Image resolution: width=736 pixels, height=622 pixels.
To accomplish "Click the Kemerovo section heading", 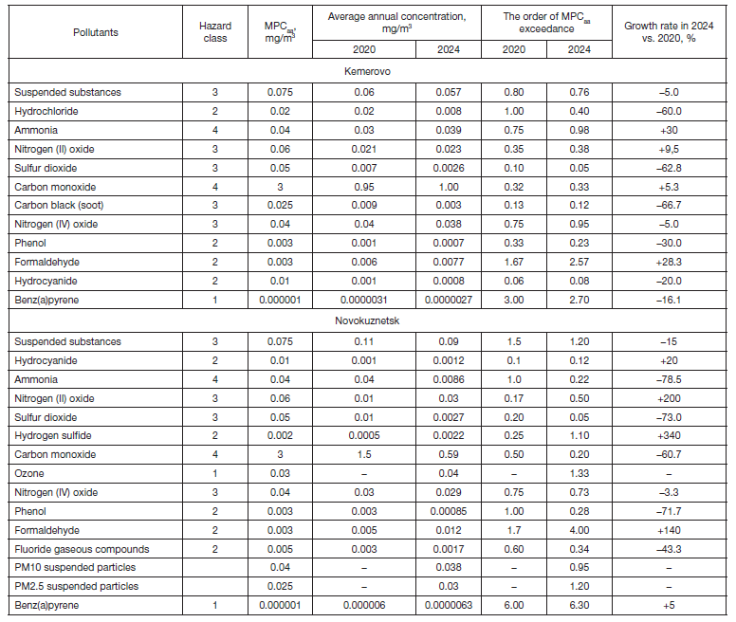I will point(368,71).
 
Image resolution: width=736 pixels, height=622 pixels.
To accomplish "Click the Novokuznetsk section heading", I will point(368,321).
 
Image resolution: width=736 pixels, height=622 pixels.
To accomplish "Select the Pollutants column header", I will point(96,32).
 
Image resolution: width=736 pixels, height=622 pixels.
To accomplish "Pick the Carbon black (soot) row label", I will point(60,206).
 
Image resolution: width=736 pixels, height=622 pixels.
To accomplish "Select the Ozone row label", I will point(28,473).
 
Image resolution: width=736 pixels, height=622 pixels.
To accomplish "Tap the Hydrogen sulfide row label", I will point(51,435).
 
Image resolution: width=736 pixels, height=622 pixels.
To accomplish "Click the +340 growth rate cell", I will point(672,435).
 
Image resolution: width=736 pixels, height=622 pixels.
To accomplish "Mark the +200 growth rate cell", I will point(672,398).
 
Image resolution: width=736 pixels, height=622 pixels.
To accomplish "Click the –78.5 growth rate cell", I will point(672,379).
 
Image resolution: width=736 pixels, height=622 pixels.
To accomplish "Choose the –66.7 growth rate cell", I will point(672,206).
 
